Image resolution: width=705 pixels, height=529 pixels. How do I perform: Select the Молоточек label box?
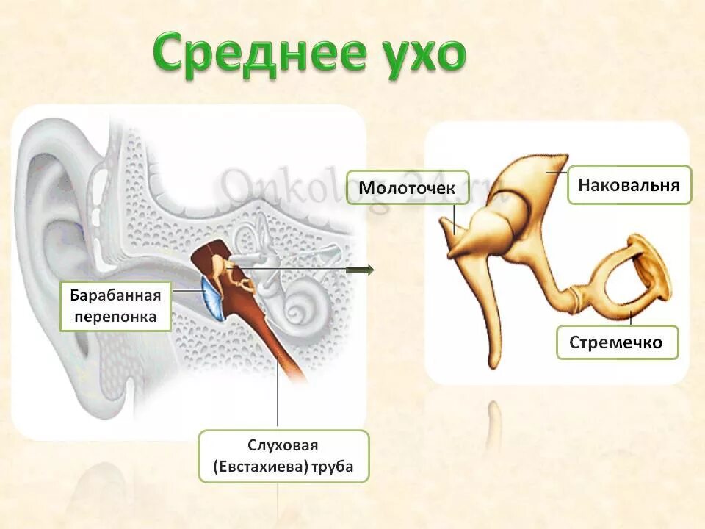pyautogui.click(x=406, y=188)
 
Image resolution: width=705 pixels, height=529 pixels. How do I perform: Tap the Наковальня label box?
pyautogui.click(x=629, y=184)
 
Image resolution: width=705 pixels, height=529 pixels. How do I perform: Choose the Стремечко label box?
pyautogui.click(x=617, y=342)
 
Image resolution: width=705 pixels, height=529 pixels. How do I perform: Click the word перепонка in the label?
pyautogui.click(x=115, y=317)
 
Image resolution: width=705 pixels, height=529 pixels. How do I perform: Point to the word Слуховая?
pyautogui.click(x=283, y=446)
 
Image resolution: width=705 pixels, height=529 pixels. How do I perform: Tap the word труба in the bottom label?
pyautogui.click(x=332, y=467)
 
